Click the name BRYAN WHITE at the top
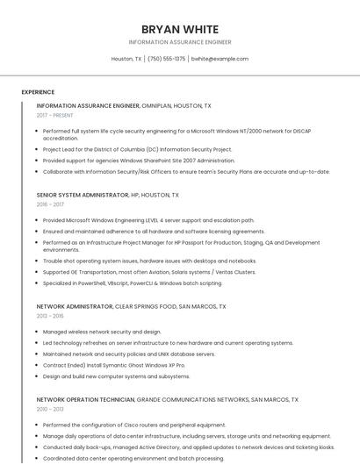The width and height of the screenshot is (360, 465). coord(179,29)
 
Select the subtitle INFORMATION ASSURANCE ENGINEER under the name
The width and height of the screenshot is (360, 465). coord(179,42)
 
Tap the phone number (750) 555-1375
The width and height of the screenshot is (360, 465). coord(166,59)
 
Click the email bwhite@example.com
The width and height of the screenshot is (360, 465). coord(220,59)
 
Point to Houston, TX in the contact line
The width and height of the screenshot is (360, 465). coord(126,59)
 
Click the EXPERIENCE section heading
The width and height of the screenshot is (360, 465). coord(38,92)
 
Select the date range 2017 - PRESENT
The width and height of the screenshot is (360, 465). coord(55,115)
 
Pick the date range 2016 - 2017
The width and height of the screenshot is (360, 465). coord(50,204)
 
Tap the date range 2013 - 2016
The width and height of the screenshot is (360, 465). coord(50,316)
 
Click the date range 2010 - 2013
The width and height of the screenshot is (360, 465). coord(50,409)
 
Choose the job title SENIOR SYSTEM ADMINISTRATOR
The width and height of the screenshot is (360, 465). coord(83,195)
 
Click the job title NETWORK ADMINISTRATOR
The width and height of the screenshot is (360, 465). coord(75,307)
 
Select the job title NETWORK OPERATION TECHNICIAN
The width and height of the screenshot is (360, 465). coord(85,399)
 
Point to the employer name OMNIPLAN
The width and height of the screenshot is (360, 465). coord(159,105)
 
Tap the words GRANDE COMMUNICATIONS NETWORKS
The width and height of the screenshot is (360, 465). coord(192,399)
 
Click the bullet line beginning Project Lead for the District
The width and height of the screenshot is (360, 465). coord(137,149)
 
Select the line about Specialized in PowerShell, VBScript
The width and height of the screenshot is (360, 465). coord(133,283)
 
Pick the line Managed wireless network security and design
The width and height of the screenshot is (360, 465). coord(102,332)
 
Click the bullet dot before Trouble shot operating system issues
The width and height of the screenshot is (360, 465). coord(37,261)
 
